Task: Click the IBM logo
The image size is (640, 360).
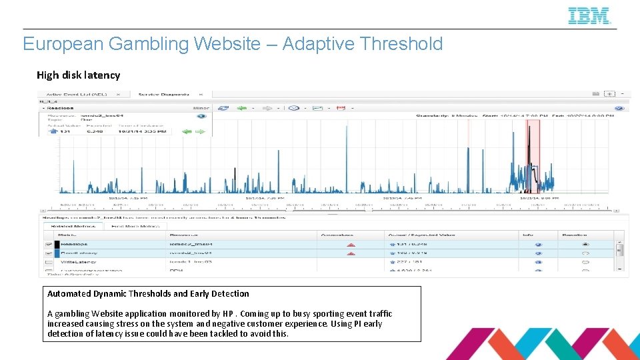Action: point(589,16)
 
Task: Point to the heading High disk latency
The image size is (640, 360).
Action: point(78,75)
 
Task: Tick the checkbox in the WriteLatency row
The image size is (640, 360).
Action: point(49,263)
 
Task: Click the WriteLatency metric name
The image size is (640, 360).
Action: point(79,263)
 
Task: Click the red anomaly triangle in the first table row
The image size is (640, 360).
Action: point(351,245)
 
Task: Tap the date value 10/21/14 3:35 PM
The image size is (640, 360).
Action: point(137,131)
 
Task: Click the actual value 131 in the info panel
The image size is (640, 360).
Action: point(65,131)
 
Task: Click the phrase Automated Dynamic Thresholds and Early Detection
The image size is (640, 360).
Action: point(148,293)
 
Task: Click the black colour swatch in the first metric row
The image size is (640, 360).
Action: point(57,245)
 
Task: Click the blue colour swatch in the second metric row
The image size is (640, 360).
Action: point(57,253)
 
